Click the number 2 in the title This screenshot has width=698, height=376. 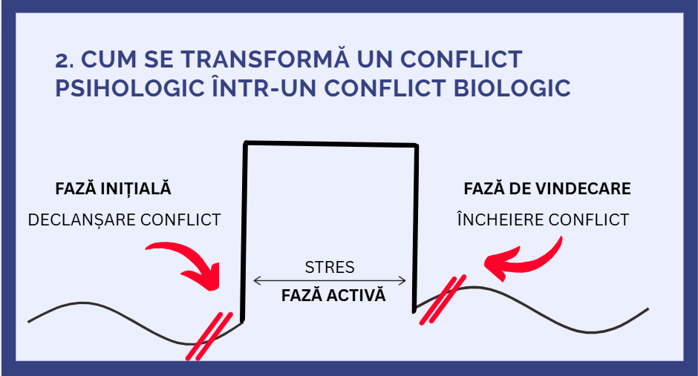(62, 59)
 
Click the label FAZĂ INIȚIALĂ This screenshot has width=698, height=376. (113, 188)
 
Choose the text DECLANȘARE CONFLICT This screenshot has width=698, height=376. (124, 220)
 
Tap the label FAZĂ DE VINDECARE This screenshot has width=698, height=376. (547, 188)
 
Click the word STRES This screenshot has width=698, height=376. (330, 266)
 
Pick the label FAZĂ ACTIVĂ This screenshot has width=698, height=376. (333, 295)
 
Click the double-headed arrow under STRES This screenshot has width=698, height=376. (330, 281)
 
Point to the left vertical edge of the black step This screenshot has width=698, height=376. (244, 230)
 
